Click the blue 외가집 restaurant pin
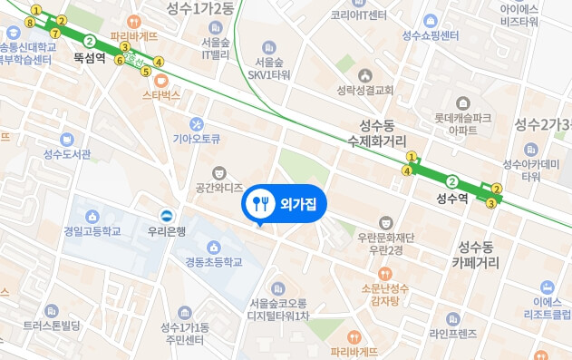coord(261,204)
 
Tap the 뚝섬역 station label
coord(90,57)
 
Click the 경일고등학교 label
coord(92,231)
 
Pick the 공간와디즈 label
coord(218,188)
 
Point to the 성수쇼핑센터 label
coord(430,35)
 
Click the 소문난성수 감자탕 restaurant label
coord(385,289)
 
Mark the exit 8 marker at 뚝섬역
coord(32,23)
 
